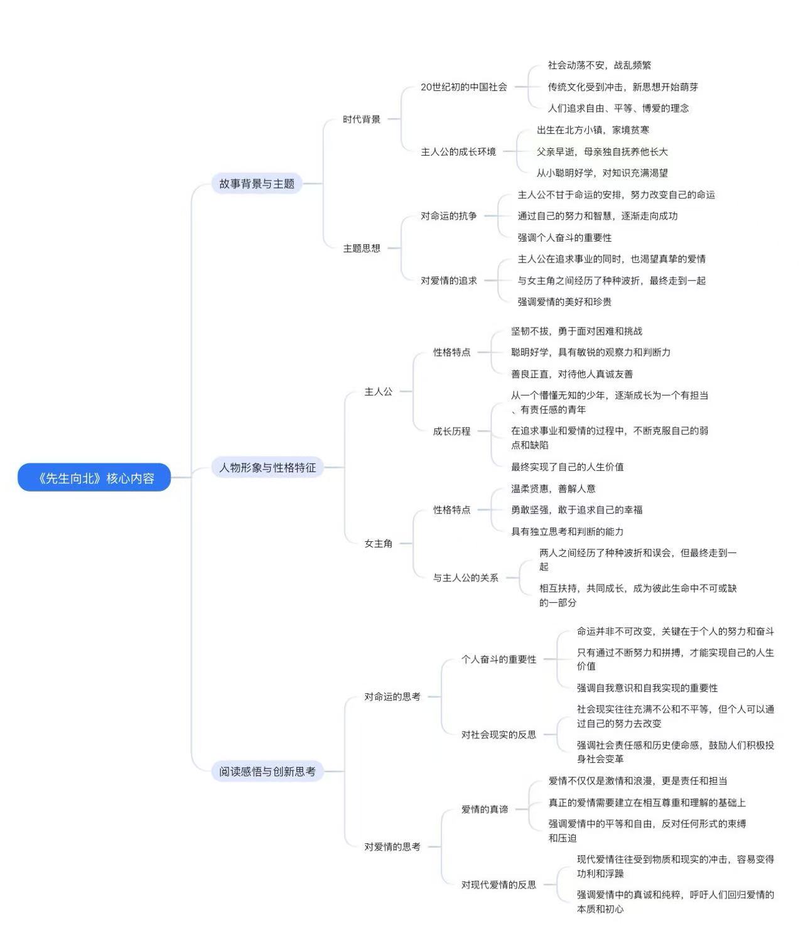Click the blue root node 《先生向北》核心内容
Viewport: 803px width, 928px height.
point(94,478)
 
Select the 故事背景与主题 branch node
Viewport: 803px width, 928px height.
point(257,183)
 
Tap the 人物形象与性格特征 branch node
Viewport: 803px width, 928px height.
point(267,467)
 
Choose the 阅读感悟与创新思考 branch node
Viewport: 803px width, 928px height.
point(267,771)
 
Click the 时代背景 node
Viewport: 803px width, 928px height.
point(362,119)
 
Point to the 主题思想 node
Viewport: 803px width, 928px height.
point(362,248)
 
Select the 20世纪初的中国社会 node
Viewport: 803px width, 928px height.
point(464,87)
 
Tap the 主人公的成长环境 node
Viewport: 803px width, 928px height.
point(458,152)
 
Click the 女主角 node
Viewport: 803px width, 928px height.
point(379,543)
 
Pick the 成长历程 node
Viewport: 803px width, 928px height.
point(451,431)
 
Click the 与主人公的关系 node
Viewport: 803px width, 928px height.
point(465,578)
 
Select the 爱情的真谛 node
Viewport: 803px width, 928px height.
point(485,809)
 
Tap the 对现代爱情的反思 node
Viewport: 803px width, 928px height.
point(499,885)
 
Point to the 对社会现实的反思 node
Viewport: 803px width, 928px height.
point(499,735)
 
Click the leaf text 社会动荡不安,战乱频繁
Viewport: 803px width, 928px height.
point(599,65)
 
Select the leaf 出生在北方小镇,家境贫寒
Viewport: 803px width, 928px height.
point(593,130)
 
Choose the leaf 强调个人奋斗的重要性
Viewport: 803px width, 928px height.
point(564,237)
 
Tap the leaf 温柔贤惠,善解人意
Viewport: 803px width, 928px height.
point(554,488)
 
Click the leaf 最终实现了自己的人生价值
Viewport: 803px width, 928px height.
point(568,467)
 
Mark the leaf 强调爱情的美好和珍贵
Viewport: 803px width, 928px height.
point(564,302)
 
